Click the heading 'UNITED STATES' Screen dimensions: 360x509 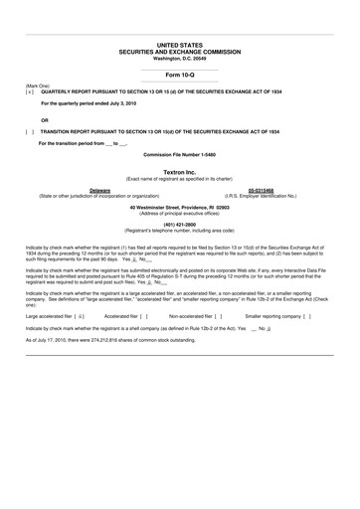180,46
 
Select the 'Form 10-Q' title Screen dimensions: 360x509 180,75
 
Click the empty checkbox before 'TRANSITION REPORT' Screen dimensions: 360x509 30,131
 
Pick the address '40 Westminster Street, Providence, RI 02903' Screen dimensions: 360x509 180,207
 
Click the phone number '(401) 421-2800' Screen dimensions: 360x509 180,225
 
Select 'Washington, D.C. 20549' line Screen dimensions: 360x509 180,58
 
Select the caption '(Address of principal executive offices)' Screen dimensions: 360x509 180,213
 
